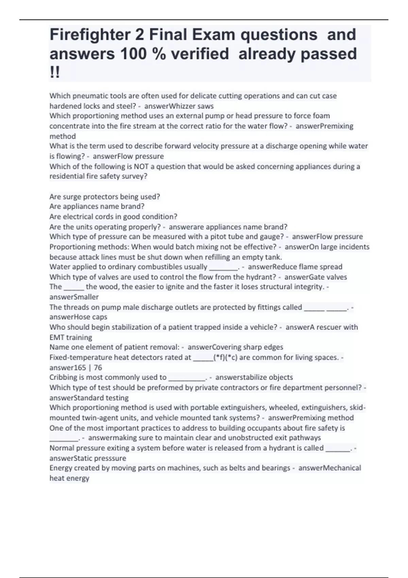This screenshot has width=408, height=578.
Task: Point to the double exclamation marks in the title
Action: coord(54,72)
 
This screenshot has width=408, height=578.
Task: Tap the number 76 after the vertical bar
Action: coord(98,368)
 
